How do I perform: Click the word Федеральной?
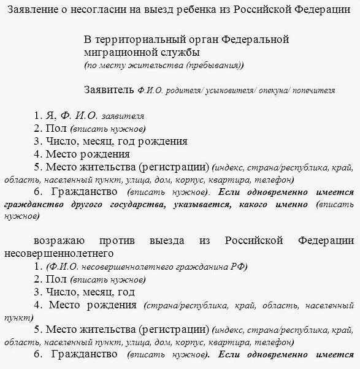253,40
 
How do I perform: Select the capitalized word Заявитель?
109,89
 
